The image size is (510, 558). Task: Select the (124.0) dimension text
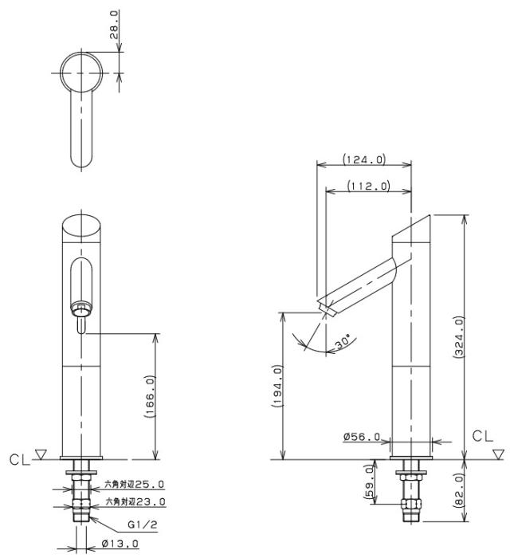pyautogui.click(x=364, y=159)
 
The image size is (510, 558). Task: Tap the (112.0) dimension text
pyautogui.click(x=368, y=186)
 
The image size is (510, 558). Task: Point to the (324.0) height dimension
pyautogui.click(x=459, y=336)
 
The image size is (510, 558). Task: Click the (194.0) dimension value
pyautogui.click(x=277, y=386)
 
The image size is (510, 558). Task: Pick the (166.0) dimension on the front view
pyautogui.click(x=150, y=396)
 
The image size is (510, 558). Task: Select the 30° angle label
pyautogui.click(x=343, y=341)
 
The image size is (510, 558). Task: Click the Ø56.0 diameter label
pyautogui.click(x=362, y=437)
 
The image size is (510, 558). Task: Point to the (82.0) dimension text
pyautogui.click(x=459, y=489)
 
